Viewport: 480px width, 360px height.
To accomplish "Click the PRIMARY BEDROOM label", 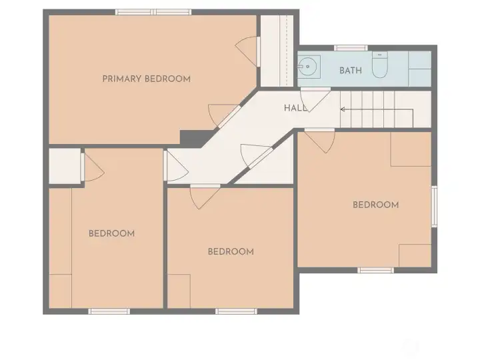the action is pyautogui.click(x=146, y=79).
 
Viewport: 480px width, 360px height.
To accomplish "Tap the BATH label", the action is pyautogui.click(x=351, y=71).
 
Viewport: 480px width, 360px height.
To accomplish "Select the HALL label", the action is pyautogui.click(x=295, y=108).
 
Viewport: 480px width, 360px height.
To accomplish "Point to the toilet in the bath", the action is pyautogui.click(x=380, y=65).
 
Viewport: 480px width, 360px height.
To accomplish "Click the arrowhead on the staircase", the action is pyautogui.click(x=343, y=109).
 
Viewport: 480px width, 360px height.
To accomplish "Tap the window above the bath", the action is pyautogui.click(x=351, y=48).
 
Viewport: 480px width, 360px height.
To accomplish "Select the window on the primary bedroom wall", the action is pyautogui.click(x=153, y=12).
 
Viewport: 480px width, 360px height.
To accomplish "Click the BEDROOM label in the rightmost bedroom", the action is pyautogui.click(x=375, y=205).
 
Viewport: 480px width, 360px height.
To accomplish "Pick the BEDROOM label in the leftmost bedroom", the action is pyautogui.click(x=112, y=233).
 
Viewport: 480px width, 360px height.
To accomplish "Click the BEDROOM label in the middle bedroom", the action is pyautogui.click(x=231, y=251).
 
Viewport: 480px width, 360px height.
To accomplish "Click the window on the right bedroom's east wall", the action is pyautogui.click(x=434, y=206).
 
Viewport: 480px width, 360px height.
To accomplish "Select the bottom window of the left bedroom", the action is pyautogui.click(x=109, y=311).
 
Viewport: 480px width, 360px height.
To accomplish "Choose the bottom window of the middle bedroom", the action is pyautogui.click(x=236, y=311).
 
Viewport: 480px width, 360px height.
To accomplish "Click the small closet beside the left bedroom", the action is pyautogui.click(x=65, y=166).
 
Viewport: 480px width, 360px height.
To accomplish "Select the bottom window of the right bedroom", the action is pyautogui.click(x=375, y=270).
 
